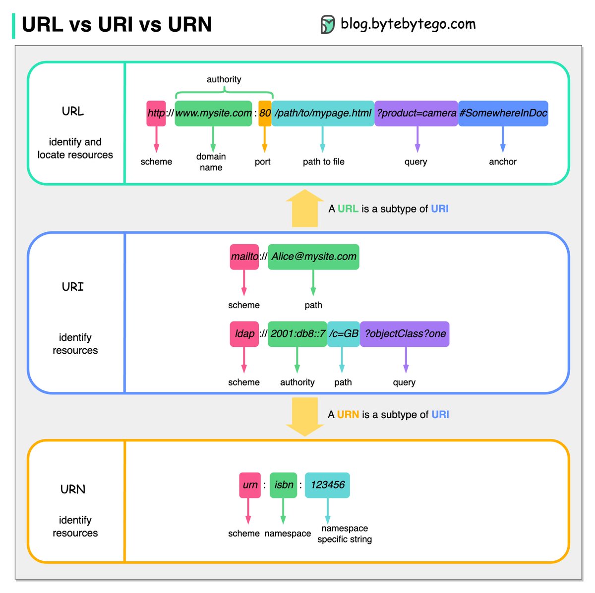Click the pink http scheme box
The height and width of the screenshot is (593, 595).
tap(156, 113)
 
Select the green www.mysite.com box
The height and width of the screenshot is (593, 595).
tap(213, 113)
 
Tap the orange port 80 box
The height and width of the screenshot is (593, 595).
tap(265, 113)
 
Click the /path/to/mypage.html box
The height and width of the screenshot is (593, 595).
tap(323, 113)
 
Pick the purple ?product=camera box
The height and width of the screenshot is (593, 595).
tap(416, 113)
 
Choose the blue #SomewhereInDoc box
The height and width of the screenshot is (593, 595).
tap(503, 113)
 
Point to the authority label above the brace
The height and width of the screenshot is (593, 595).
tap(224, 79)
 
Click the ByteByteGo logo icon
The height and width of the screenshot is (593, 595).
tap(328, 24)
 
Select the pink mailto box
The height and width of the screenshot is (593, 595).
tap(244, 257)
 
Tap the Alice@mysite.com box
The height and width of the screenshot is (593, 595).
tap(313, 257)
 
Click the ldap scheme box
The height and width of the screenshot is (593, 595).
tap(244, 334)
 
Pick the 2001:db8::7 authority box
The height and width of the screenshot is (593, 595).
tap(297, 334)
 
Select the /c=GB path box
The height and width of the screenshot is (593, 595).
tap(343, 334)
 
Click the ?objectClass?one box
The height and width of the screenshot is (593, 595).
tap(405, 334)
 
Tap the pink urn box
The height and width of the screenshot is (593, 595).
tap(250, 485)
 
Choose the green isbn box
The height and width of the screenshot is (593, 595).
tap(284, 485)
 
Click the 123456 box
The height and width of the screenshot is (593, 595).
tap(327, 485)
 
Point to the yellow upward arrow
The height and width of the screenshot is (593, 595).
tap(304, 209)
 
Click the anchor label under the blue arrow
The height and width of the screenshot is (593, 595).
tap(503, 162)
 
